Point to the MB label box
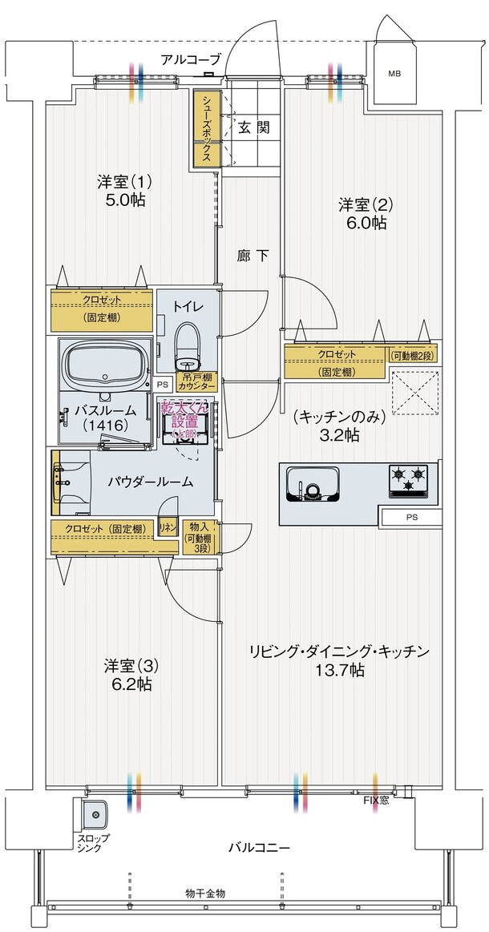[x=394, y=74]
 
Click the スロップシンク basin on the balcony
[x=95, y=815]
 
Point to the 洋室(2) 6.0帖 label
[x=362, y=213]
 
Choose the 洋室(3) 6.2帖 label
[x=127, y=675]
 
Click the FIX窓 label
[x=376, y=800]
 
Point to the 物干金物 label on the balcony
[x=205, y=893]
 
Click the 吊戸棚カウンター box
[x=198, y=381]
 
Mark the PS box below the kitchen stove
[x=411, y=518]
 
